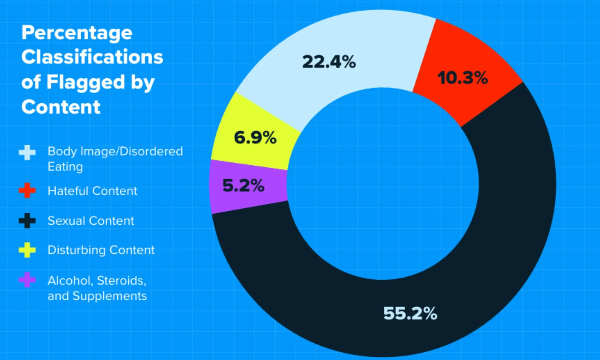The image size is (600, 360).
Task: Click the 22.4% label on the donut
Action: click(x=329, y=62)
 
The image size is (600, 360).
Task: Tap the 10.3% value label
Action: click(x=462, y=78)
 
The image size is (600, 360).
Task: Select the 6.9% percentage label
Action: click(x=255, y=138)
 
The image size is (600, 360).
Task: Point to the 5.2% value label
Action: click(x=243, y=185)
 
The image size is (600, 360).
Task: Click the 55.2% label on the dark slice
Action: click(x=410, y=313)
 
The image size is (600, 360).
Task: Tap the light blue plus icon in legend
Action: click(x=27, y=152)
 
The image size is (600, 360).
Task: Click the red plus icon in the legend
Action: click(x=27, y=190)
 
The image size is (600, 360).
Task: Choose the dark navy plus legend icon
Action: click(x=27, y=221)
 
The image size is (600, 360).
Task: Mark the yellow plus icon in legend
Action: click(x=27, y=250)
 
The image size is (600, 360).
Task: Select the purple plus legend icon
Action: click(x=27, y=280)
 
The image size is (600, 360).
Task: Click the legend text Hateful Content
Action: click(x=92, y=191)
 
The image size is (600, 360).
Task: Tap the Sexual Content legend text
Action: click(x=91, y=221)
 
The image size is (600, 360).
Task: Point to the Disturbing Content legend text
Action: click(x=101, y=250)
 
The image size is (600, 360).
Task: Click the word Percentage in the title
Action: click(x=77, y=33)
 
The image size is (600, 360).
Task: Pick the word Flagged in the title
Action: click(x=86, y=82)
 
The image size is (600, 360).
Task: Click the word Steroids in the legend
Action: click(x=121, y=281)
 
